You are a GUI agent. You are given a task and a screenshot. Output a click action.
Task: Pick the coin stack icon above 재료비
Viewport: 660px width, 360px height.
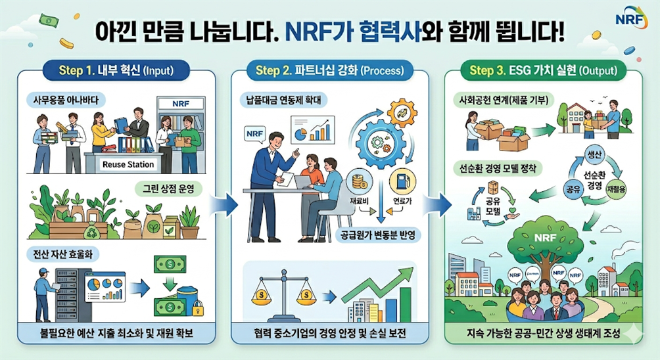click(359, 186)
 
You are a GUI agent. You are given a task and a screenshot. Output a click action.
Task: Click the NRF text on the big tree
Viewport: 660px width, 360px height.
click(545, 237)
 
